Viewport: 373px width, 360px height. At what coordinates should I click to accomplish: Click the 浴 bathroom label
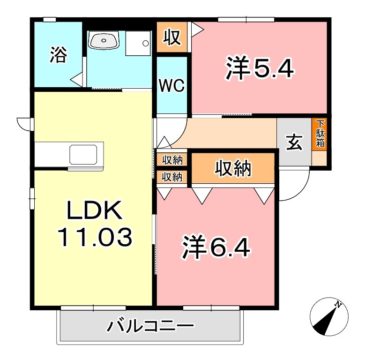pyautogui.click(x=58, y=55)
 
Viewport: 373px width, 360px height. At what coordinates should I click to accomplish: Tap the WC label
pyautogui.click(x=172, y=86)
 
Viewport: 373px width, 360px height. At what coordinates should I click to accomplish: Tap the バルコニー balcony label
pyautogui.click(x=150, y=326)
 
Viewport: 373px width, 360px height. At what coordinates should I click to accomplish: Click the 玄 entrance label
pyautogui.click(x=294, y=142)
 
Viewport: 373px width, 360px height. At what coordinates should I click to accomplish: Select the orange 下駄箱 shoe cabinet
pyautogui.click(x=320, y=134)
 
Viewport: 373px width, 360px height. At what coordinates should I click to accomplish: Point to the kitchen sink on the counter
pyautogui.click(x=84, y=153)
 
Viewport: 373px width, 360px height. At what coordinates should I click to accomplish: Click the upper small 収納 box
pyautogui.click(x=172, y=160)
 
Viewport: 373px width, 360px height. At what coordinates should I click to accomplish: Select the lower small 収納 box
pyautogui.click(x=172, y=177)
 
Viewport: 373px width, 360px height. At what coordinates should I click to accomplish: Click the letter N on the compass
pyautogui.click(x=338, y=305)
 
